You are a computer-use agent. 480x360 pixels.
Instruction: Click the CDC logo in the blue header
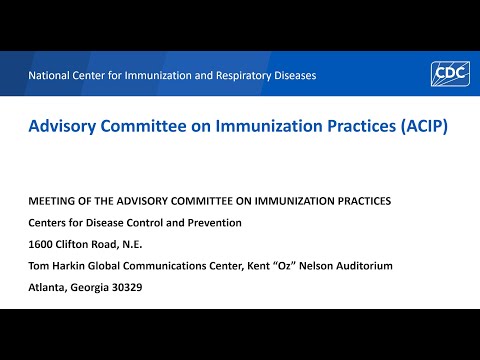449,74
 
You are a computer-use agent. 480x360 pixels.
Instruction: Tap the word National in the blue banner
51,75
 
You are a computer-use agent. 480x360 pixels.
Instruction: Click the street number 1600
41,244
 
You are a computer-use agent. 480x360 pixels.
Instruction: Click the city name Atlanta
47,288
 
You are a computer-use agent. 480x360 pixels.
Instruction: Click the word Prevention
210,222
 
